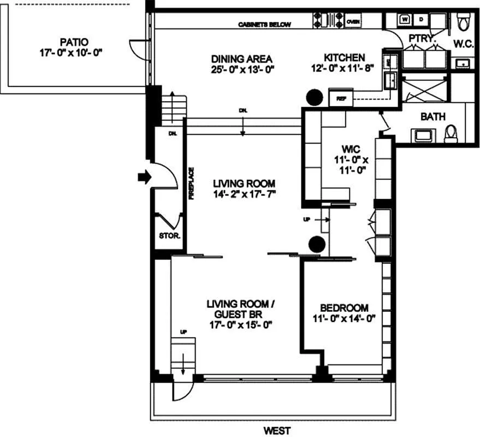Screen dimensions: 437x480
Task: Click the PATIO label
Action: coord(75,42)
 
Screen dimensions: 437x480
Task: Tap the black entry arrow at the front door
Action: coord(143,176)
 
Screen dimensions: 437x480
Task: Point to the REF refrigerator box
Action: coord(342,99)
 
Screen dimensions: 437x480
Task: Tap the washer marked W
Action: coord(405,19)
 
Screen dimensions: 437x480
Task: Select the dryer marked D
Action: coord(421,19)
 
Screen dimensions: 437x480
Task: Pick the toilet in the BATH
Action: coord(451,133)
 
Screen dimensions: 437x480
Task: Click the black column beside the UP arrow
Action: coord(317,244)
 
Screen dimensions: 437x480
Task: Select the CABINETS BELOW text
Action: coord(264,25)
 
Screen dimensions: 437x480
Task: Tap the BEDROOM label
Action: coord(344,308)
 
